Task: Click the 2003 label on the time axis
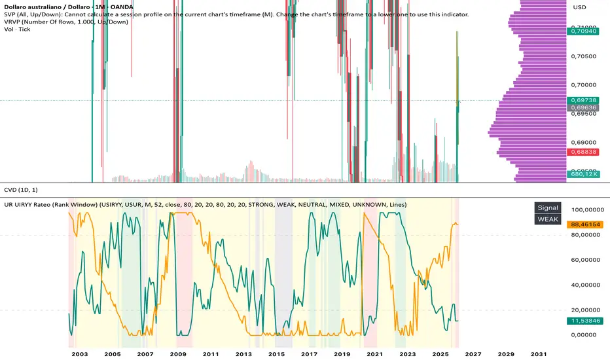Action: click(80, 353)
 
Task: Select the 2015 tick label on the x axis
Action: click(276, 353)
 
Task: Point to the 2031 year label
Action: click(539, 353)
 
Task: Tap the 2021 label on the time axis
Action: click(374, 353)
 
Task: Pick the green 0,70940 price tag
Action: click(584, 30)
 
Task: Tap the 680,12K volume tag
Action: click(584, 175)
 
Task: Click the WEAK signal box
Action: click(548, 219)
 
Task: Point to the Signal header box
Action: click(548, 207)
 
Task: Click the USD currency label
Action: click(580, 7)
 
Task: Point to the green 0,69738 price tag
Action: click(584, 99)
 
